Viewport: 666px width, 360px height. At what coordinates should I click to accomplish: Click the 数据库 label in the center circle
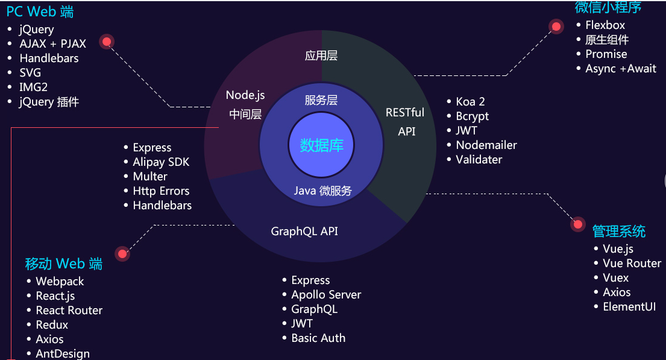pyautogui.click(x=321, y=145)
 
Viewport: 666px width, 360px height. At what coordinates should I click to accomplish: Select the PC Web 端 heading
pyautogui.click(x=40, y=12)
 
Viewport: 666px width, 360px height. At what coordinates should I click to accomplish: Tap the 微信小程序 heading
pyautogui.click(x=608, y=7)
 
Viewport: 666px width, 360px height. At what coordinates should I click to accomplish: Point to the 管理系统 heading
pyautogui.click(x=618, y=231)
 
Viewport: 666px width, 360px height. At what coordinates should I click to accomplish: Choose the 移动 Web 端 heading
pyautogui.click(x=63, y=264)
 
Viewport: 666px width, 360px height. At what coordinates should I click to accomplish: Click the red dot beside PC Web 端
pyautogui.click(x=107, y=42)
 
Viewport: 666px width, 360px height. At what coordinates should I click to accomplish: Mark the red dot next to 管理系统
pyautogui.click(x=577, y=224)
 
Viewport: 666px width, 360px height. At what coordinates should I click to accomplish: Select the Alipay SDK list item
pyautogui.click(x=161, y=162)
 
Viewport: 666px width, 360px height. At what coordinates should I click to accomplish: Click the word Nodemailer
pyautogui.click(x=486, y=145)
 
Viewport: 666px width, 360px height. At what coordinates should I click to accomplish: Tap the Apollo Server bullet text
pyautogui.click(x=326, y=295)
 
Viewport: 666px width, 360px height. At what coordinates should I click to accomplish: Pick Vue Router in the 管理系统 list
pyautogui.click(x=632, y=264)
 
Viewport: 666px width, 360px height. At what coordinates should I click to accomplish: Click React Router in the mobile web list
pyautogui.click(x=69, y=311)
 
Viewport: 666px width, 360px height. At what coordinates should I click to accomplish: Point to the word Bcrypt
pyautogui.click(x=473, y=116)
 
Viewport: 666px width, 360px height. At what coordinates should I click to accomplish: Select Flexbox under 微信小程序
pyautogui.click(x=605, y=25)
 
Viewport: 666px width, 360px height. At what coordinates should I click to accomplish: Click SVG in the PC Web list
pyautogui.click(x=30, y=73)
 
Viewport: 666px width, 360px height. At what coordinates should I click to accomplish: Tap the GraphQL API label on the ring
pyautogui.click(x=304, y=231)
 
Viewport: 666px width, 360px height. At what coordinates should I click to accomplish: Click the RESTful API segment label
pyautogui.click(x=405, y=121)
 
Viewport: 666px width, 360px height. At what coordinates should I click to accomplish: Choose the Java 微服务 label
pyautogui.click(x=322, y=191)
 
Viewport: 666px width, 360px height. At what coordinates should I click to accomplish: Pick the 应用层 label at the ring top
pyautogui.click(x=321, y=56)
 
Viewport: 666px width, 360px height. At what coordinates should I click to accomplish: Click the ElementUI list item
pyautogui.click(x=629, y=307)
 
